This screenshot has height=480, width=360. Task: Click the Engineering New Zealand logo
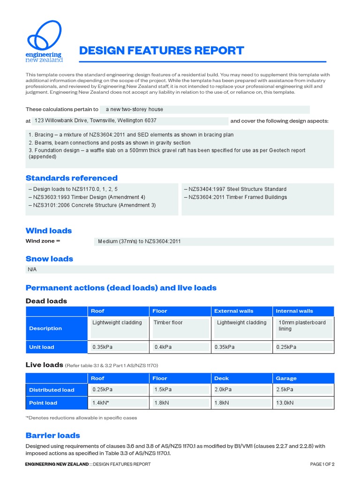click(x=45, y=42)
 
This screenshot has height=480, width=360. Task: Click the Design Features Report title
click(x=162, y=51)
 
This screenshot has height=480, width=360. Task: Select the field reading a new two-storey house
click(x=205, y=109)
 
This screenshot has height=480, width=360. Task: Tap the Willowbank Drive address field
click(x=130, y=120)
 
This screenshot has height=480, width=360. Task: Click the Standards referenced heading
click(x=72, y=178)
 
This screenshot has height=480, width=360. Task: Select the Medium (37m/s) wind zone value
click(x=214, y=241)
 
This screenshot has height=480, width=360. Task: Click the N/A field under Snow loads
click(x=180, y=270)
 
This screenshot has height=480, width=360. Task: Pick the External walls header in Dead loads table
click(x=233, y=311)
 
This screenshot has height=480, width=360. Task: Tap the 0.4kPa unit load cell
click(x=180, y=347)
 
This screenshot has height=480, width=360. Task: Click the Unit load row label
click(x=42, y=347)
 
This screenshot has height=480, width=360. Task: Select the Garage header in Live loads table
click(x=286, y=378)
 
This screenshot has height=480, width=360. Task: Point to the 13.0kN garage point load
click(x=303, y=403)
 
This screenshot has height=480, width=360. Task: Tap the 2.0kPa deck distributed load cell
click(x=241, y=390)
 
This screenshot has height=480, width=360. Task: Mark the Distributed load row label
click(x=52, y=390)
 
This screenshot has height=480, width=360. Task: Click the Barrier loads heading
click(x=53, y=435)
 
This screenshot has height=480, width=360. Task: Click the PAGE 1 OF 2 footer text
click(x=322, y=464)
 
